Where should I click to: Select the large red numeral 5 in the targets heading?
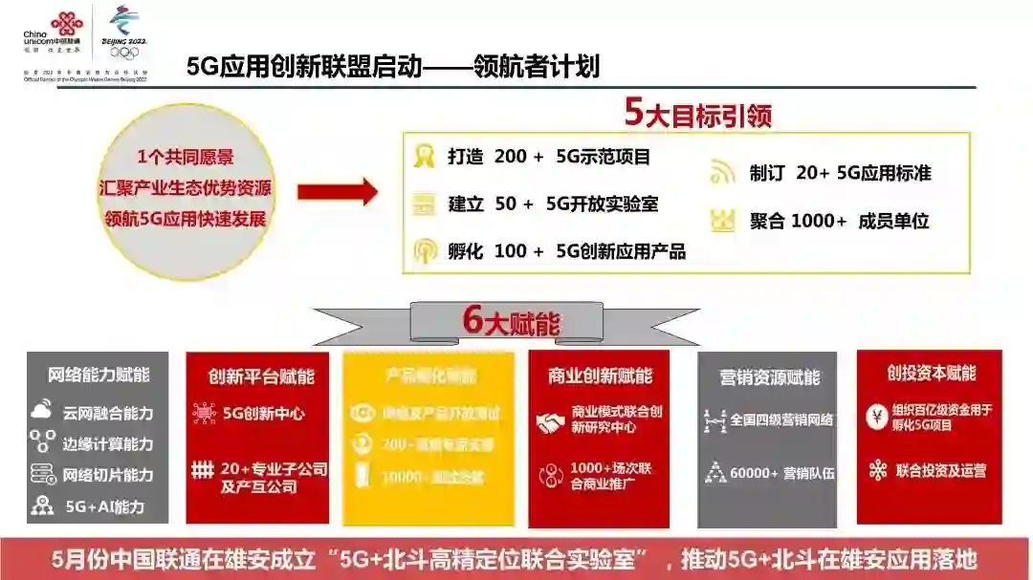click(x=633, y=113)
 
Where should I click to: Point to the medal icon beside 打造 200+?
click(x=424, y=157)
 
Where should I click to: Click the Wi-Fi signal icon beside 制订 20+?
click(x=722, y=173)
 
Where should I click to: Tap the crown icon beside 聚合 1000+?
click(x=722, y=221)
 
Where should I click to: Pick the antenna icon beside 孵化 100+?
click(x=424, y=251)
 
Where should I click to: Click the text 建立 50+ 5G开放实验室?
click(x=553, y=204)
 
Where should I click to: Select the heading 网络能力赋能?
click(x=99, y=375)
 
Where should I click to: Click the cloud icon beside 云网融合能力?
click(x=42, y=412)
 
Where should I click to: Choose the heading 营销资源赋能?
click(x=769, y=377)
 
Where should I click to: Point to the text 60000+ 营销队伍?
click(x=781, y=472)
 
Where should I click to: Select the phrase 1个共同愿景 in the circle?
click(x=186, y=157)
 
